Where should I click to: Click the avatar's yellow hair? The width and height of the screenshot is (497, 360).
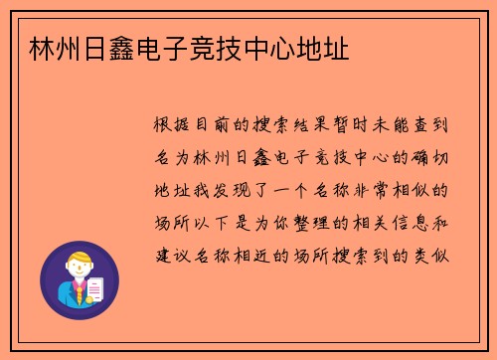tap(79, 256)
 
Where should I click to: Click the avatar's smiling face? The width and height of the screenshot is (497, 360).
tap(78, 270)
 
